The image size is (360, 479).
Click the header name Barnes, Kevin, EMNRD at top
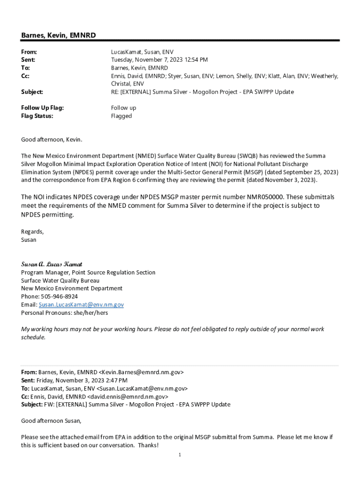58,36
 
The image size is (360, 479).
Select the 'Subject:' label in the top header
32,92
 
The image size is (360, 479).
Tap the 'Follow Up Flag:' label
42,108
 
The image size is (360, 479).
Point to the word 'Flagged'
121,116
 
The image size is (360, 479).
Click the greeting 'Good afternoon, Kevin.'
51,139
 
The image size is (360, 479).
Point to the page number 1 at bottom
180,455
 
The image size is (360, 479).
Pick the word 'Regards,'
32,232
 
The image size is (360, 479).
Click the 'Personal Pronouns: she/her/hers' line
65,312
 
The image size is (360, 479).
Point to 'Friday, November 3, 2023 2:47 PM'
84,380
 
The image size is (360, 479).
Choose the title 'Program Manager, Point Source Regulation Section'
88,272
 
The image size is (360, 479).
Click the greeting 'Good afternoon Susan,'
51,421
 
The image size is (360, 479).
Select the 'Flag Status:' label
37,116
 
